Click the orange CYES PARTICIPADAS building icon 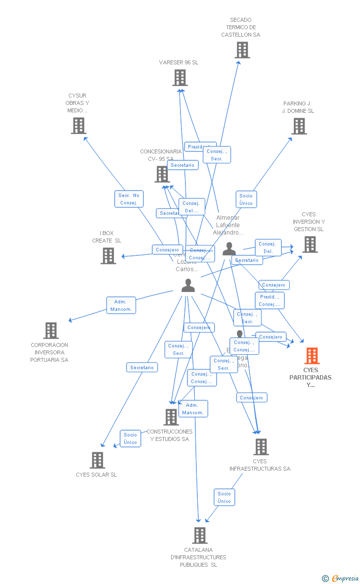pos(312,356)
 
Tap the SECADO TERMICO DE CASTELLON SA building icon pos(242,50)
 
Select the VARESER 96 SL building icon pos(180,78)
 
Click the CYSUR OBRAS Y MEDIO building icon pos(79,126)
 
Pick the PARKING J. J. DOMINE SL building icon pos(299,126)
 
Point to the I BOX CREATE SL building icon pos(108,256)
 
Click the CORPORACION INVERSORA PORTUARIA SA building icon pos(51,331)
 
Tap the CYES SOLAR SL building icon pos(97,460)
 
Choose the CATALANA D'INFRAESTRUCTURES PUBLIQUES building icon pos(199,535)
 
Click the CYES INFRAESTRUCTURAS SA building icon pos(261,447)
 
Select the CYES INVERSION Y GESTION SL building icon pos(310,244)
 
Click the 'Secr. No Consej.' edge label pos(129,199)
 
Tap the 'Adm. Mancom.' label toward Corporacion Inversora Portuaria pos(121,305)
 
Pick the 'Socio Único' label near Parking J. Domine pos(246,199)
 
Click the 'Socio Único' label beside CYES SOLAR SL pos(131,438)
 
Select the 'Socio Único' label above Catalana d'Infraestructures pos(224,497)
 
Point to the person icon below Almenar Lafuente pos(229,249)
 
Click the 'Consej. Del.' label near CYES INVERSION pos(268,247)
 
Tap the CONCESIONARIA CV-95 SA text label pos(161,155)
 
